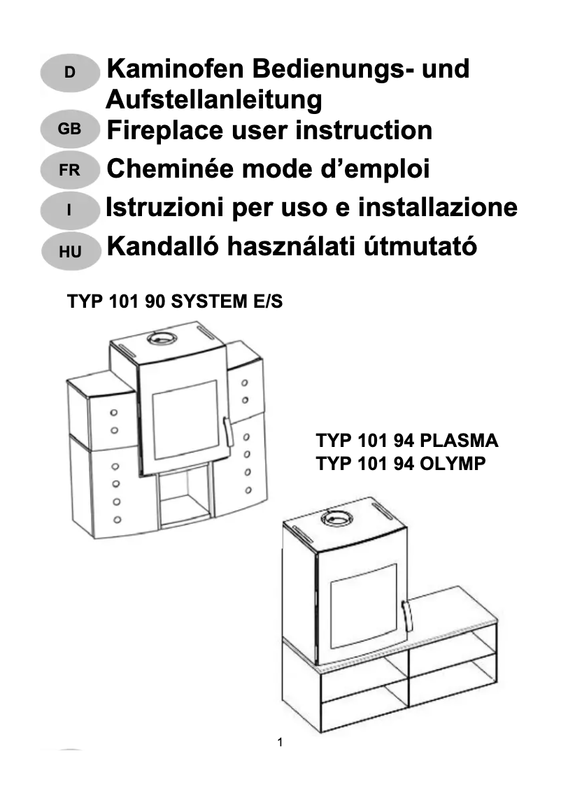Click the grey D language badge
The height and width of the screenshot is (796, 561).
click(70, 72)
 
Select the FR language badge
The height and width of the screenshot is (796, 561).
click(70, 170)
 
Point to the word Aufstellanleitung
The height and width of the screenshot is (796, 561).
click(213, 100)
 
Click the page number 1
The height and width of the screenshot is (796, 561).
click(280, 742)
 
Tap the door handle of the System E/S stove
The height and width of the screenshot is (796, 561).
click(227, 431)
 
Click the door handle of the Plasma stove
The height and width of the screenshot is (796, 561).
click(406, 613)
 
